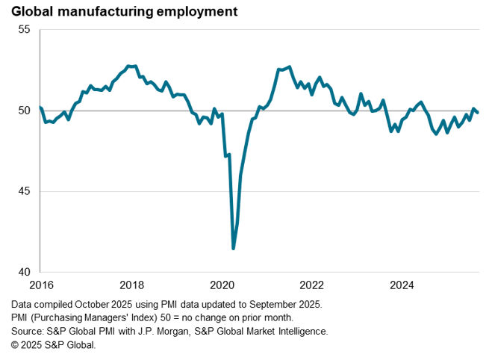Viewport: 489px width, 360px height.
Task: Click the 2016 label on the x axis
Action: pos(41,285)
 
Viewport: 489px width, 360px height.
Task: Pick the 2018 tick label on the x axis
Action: pos(132,285)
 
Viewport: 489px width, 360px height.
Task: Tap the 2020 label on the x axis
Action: pos(221,285)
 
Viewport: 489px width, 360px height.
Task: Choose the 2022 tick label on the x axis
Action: pos(311,285)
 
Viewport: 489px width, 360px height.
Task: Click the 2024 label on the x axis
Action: pos(402,285)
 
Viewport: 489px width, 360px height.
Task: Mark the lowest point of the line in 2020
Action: pos(234,248)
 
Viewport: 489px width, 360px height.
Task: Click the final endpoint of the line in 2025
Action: pos(478,112)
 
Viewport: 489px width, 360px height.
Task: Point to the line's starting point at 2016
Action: pos(40,108)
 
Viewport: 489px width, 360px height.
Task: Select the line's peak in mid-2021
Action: pos(290,66)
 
